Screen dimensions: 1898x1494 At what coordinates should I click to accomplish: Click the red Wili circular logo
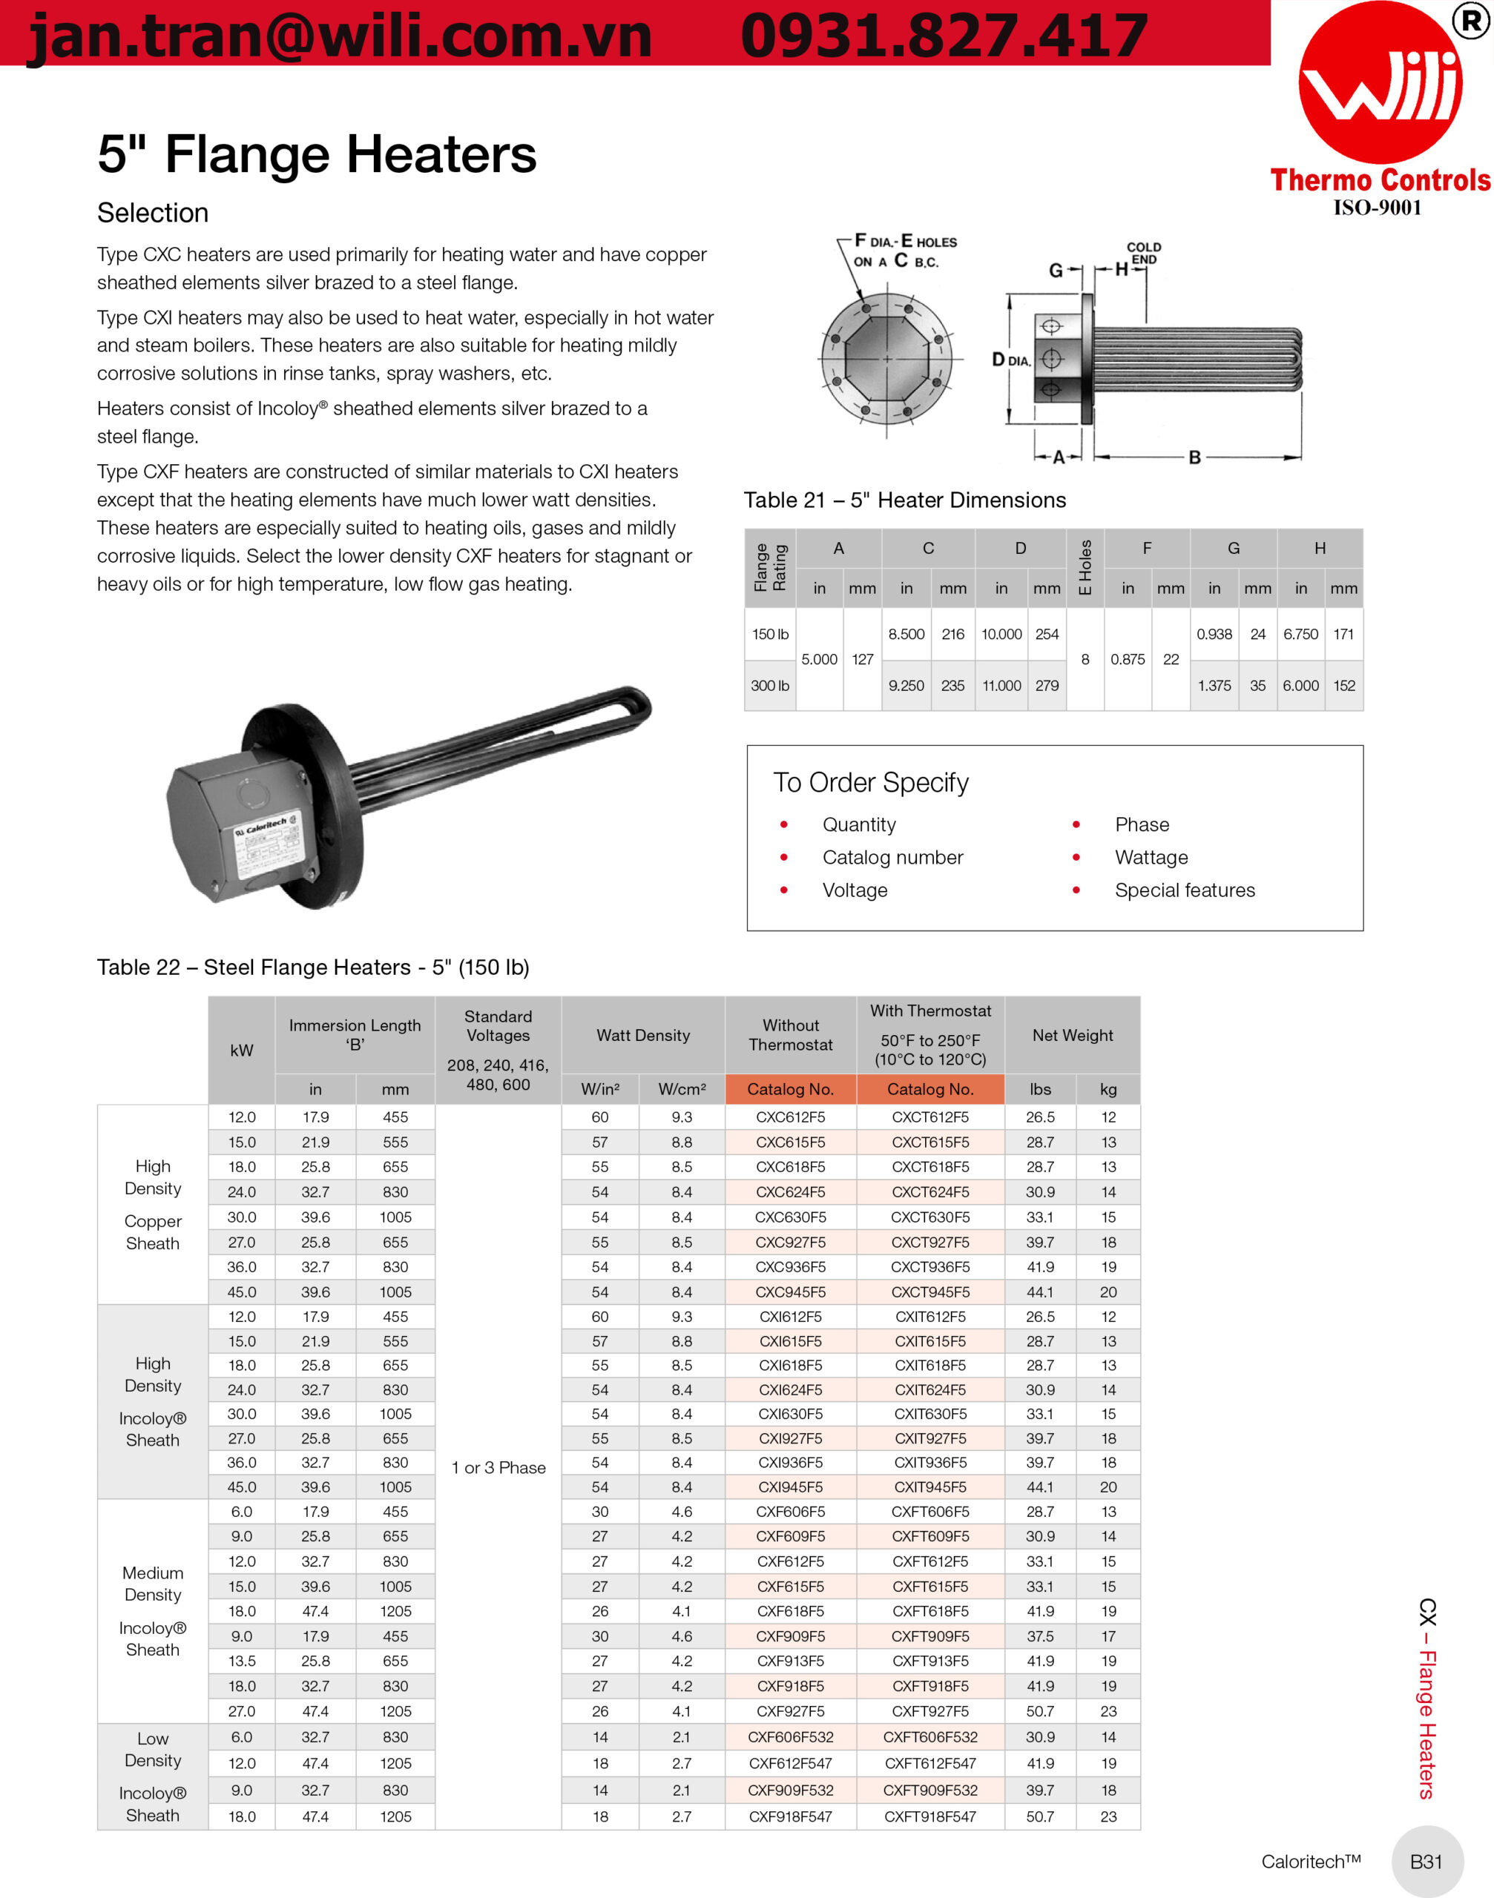1381,83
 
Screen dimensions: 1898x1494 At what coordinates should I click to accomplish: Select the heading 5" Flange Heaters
317,154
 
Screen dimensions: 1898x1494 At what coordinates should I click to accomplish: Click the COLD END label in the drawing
1143,253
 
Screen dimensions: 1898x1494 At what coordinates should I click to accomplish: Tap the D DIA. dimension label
1010,360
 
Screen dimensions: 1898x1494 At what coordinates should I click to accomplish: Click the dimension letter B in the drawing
1194,457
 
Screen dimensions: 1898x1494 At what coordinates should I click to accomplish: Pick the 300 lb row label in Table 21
770,685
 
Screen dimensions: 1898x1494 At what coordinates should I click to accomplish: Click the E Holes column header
1085,567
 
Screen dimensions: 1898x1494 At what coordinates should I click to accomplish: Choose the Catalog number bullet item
892,857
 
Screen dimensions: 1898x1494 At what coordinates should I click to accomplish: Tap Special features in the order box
1185,890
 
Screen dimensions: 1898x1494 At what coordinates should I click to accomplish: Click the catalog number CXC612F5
790,1117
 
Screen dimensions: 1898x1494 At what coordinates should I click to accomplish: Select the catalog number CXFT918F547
929,1816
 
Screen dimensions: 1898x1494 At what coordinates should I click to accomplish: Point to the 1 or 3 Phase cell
498,1467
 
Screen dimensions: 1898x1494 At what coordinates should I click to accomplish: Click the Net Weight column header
1073,1035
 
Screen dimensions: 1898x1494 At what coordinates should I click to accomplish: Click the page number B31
1426,1861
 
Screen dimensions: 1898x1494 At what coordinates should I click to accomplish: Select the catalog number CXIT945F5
929,1487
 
